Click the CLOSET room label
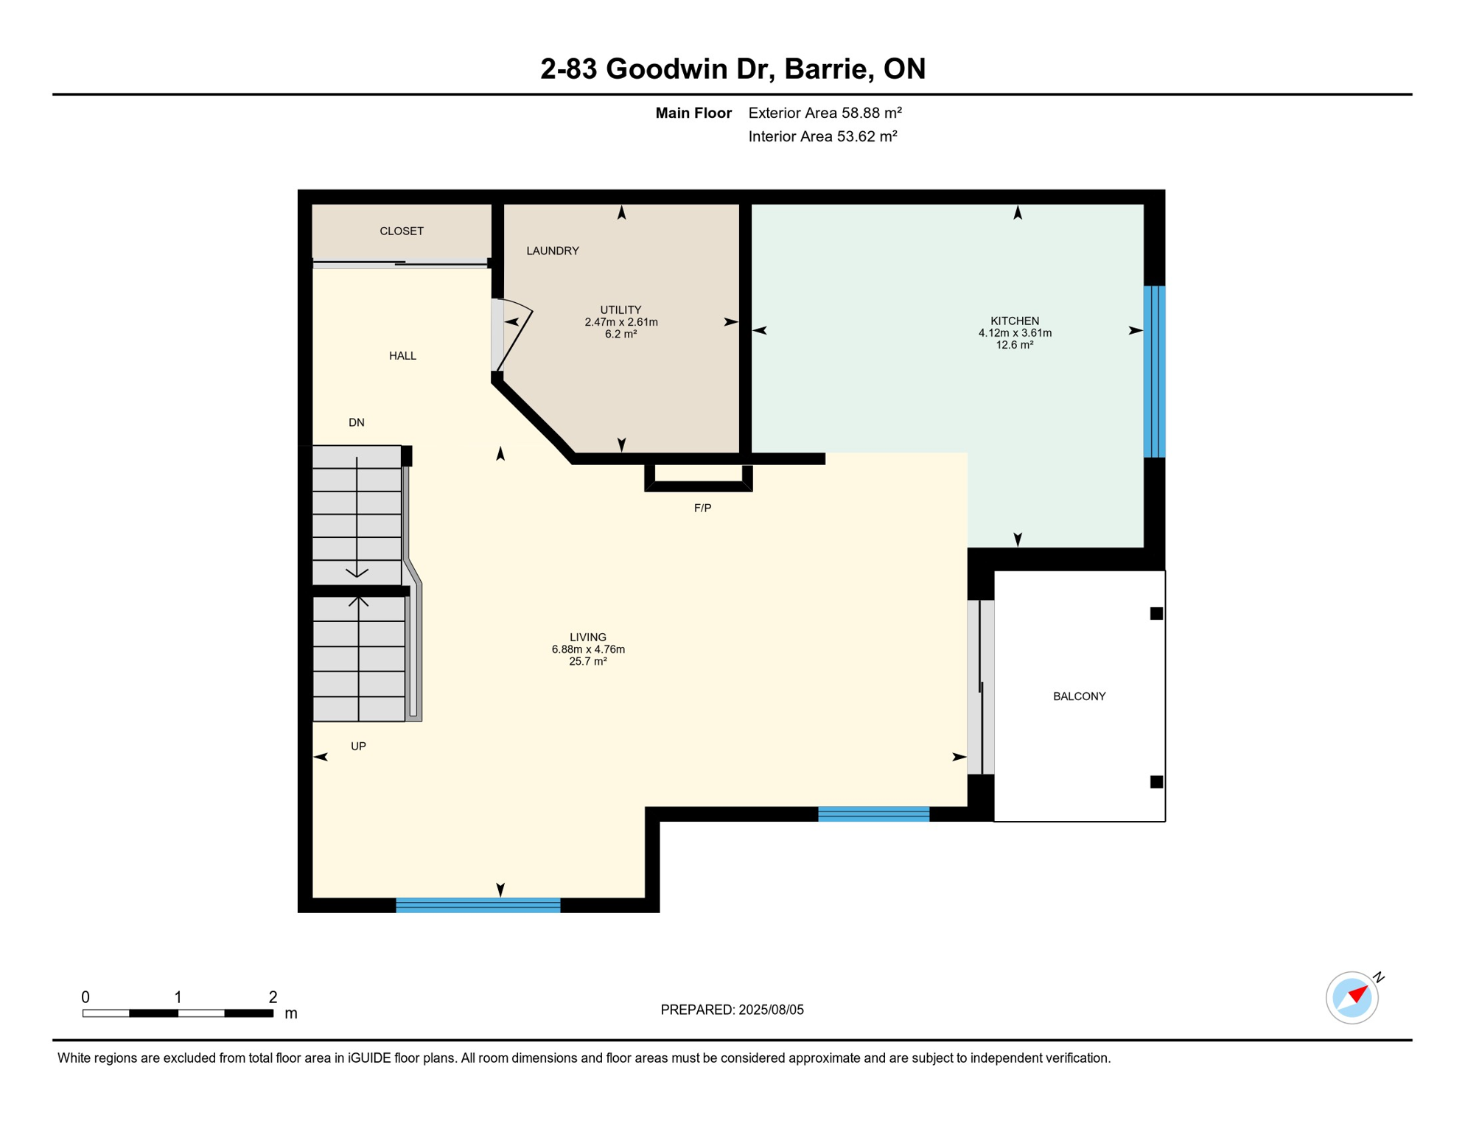pos(402,231)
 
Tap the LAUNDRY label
pos(553,251)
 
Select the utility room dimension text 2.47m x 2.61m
pos(621,322)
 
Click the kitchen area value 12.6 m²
pos(1015,345)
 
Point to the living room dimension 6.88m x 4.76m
pos(588,649)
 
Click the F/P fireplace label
pos(702,509)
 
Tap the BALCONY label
pos(1079,696)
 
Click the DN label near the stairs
pos(357,423)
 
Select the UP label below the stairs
pos(358,747)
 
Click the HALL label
pos(402,356)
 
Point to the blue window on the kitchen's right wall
pos(1154,372)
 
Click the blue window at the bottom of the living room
pos(478,906)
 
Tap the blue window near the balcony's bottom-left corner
pos(873,814)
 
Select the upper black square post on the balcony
pos(1156,614)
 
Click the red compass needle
pos(1358,995)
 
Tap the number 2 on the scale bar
pos(273,997)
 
